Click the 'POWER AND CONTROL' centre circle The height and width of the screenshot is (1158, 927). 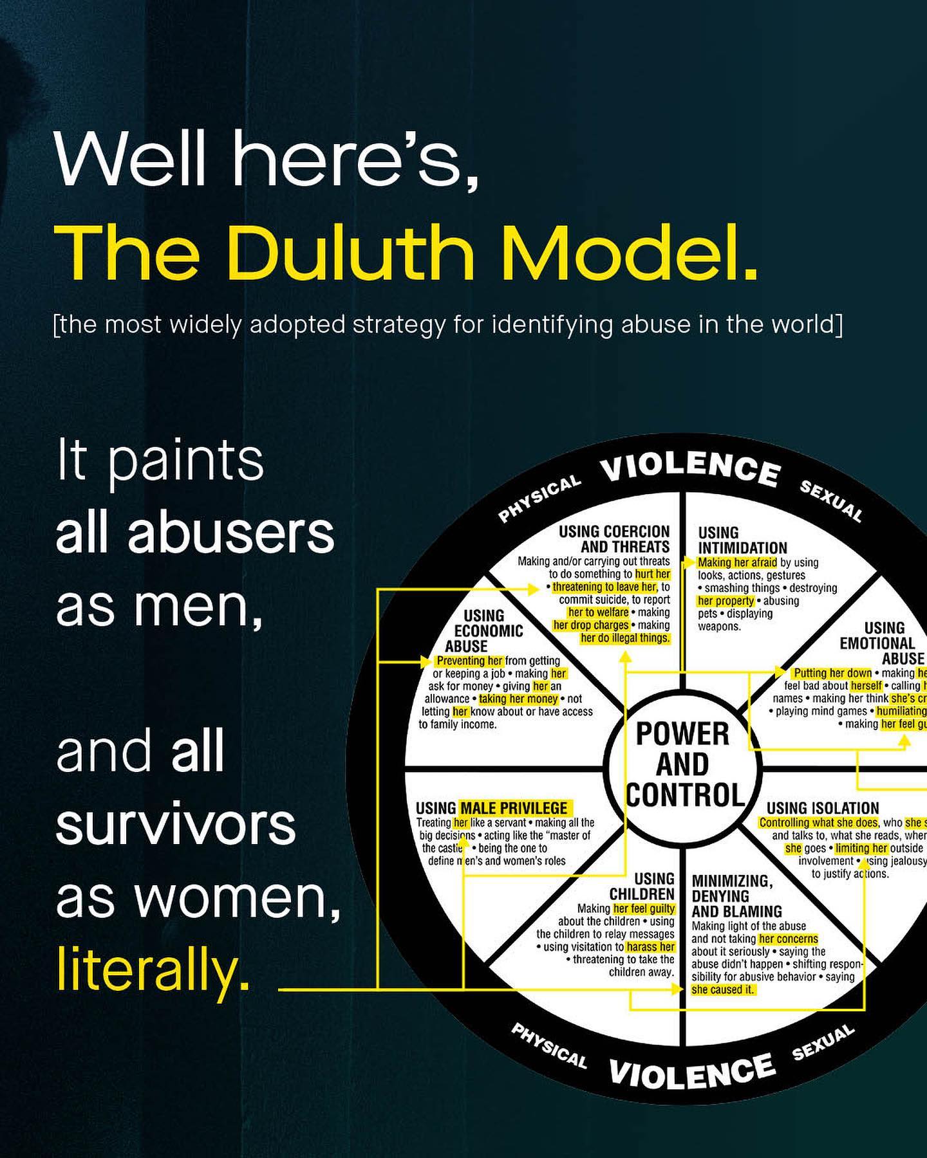tap(683, 764)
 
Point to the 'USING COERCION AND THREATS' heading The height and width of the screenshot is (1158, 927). tap(614, 539)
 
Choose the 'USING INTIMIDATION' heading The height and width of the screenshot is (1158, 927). tap(742, 540)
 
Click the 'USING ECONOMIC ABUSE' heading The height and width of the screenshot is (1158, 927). tap(475, 631)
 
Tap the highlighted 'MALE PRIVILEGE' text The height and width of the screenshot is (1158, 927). tap(514, 808)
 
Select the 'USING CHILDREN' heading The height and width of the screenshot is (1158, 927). tap(642, 887)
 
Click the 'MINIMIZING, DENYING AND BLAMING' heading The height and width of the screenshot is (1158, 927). tap(736, 896)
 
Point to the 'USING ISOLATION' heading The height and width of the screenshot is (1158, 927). tap(823, 808)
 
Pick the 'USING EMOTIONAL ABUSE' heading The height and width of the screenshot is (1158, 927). tap(882, 643)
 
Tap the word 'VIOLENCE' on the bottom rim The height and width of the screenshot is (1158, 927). tap(692, 1071)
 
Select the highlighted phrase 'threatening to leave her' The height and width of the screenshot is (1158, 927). tap(604, 587)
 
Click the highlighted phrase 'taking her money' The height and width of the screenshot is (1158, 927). tap(518, 699)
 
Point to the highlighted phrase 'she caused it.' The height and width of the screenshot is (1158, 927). tap(722, 989)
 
